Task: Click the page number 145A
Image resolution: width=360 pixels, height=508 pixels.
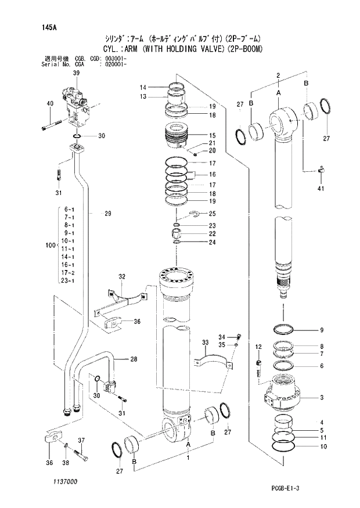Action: tap(48, 27)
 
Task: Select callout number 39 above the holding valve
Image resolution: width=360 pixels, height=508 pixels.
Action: tap(76, 73)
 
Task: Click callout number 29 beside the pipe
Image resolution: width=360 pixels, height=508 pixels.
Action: tap(107, 214)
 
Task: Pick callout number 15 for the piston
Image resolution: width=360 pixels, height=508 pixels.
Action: tap(213, 135)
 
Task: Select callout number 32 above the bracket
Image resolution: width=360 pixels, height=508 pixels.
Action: tap(123, 276)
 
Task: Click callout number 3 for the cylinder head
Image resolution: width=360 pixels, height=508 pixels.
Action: tap(321, 398)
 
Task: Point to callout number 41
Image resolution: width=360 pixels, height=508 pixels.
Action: tap(322, 188)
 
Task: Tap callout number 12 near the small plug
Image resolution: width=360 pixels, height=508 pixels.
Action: tap(258, 347)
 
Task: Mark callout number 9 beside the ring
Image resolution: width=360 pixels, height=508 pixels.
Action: tap(321, 331)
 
